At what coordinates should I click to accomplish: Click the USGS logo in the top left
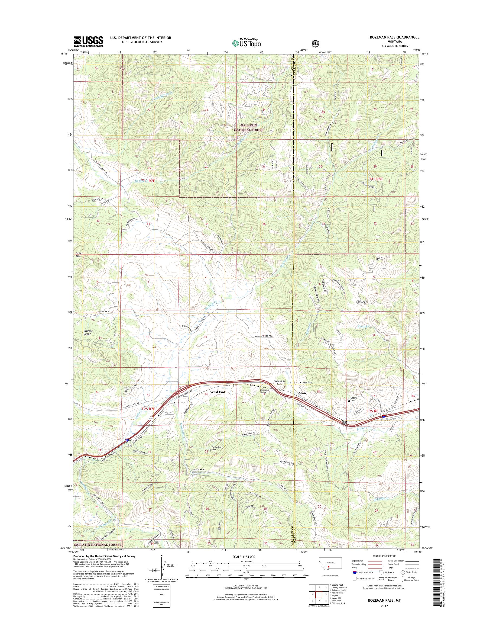pos(88,41)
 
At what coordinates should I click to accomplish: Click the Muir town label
pos(302,393)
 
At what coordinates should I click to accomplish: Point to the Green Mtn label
pos(79,254)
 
